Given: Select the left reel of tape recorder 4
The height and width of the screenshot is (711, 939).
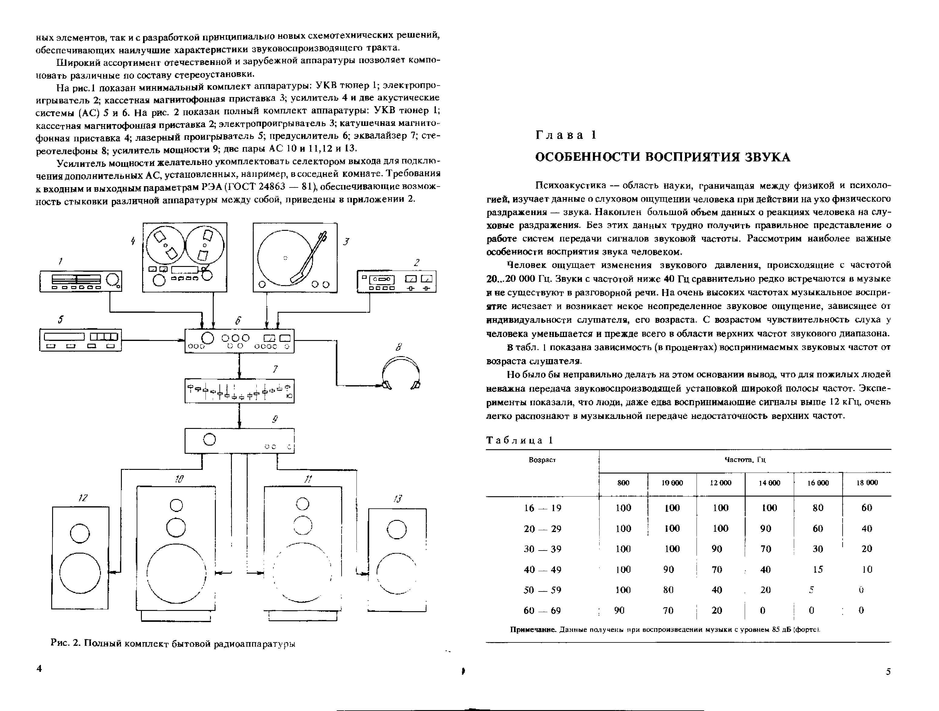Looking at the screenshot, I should click(165, 245).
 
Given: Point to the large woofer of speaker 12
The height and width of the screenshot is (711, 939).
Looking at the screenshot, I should click(80, 573).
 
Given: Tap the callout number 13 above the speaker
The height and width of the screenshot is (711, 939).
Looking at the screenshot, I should click(397, 499).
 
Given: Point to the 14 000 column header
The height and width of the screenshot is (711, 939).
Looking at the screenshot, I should click(769, 483).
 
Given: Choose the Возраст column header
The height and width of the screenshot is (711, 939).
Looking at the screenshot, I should click(542, 460).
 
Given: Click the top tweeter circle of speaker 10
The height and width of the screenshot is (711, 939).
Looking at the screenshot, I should click(176, 505).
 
